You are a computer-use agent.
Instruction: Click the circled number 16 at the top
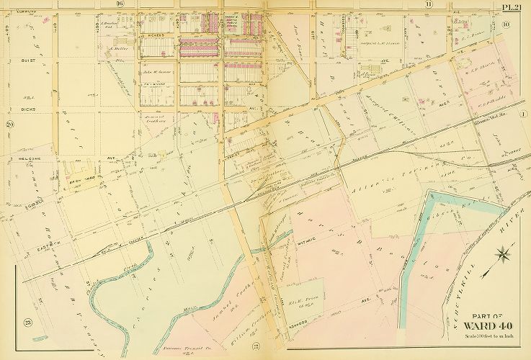coord(120,5)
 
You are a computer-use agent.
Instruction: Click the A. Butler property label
coord(117,50)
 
